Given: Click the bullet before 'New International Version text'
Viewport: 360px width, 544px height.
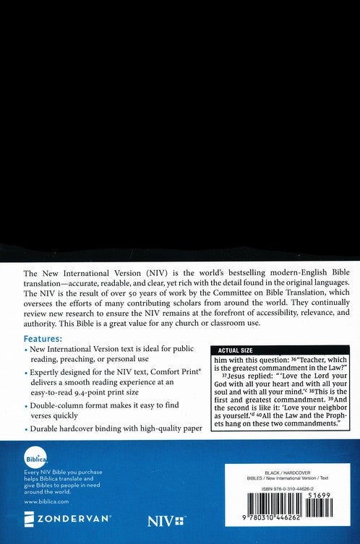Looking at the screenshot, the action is [x=26, y=350].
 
